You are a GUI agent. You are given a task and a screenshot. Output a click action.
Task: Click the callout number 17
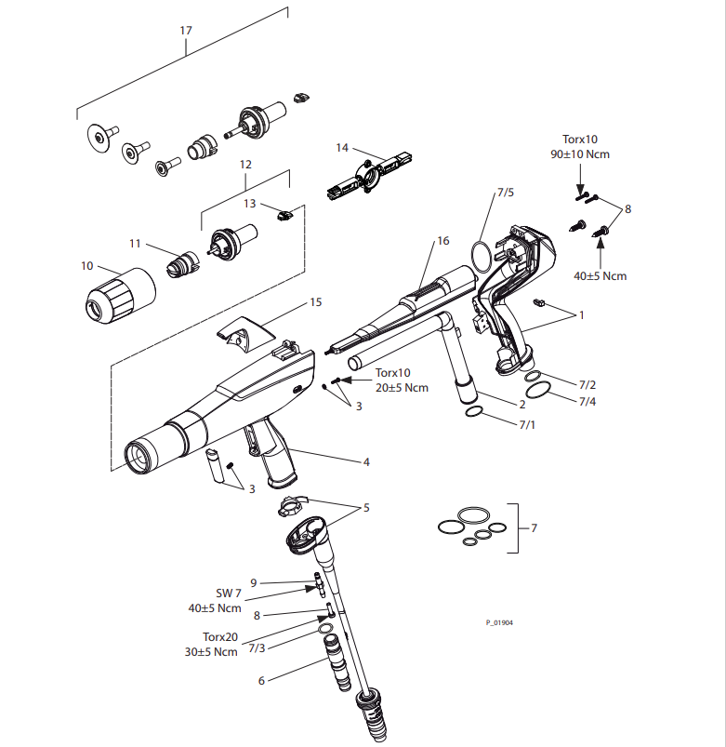point(186,31)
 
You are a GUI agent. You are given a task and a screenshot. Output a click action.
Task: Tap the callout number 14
point(342,148)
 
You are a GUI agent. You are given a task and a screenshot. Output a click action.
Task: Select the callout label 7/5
point(506,193)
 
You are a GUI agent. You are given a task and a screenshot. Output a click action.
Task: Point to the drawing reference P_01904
point(499,622)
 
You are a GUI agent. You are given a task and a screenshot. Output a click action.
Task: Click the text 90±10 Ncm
point(580,154)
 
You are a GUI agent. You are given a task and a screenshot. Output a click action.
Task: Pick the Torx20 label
point(220,637)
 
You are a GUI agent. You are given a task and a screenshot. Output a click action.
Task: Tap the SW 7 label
point(229,594)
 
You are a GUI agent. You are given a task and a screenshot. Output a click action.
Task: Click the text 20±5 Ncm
point(402,388)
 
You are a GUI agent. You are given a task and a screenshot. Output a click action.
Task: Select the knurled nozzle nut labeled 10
point(120,296)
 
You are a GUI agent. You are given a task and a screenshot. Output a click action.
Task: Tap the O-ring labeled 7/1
point(474,412)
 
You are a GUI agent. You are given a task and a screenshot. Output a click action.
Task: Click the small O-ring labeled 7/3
point(324,630)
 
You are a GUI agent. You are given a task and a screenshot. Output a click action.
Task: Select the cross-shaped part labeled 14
point(369,175)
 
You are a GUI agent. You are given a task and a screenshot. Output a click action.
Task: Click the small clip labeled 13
point(284,215)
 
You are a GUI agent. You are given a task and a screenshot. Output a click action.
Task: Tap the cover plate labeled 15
point(245,333)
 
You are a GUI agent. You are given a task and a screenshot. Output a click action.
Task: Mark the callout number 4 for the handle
point(366,461)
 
